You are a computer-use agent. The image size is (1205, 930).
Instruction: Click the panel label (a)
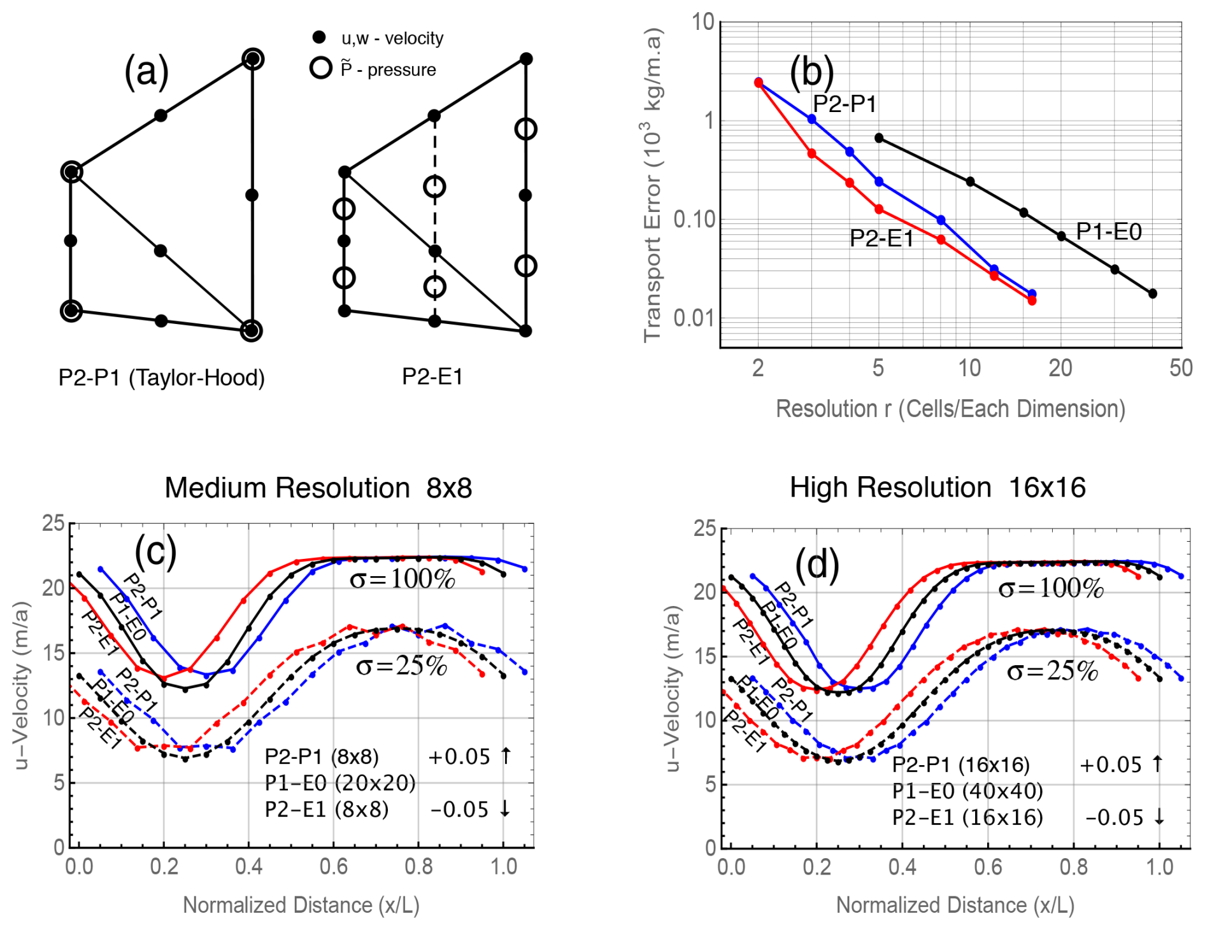[x=146, y=71]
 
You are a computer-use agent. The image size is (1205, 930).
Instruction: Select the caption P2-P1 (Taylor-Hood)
[x=161, y=377]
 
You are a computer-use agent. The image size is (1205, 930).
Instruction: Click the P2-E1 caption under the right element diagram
[x=432, y=376]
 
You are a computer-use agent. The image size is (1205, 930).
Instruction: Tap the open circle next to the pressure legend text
[x=321, y=68]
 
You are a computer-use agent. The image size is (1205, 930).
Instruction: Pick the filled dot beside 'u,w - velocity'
[x=320, y=38]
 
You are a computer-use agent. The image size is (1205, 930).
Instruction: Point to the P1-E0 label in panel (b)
[x=1108, y=231]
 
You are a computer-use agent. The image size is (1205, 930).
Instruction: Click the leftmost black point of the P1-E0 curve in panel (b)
[x=879, y=138]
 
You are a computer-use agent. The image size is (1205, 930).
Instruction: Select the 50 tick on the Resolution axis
[x=1181, y=368]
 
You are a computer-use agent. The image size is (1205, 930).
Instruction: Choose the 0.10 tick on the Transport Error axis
[x=694, y=220]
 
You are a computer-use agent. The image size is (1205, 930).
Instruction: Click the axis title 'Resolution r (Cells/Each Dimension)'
[x=950, y=409]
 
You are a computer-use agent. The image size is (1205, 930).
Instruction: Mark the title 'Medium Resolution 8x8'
[x=318, y=488]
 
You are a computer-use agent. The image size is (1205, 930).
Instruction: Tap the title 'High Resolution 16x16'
[x=937, y=488]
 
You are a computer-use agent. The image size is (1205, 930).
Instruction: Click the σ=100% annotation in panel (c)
[x=403, y=579]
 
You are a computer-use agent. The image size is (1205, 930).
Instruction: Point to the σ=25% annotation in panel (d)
[x=1052, y=672]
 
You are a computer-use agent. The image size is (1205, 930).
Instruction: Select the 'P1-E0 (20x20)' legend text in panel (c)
[x=340, y=783]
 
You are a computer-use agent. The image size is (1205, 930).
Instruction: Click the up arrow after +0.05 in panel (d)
[x=1157, y=763]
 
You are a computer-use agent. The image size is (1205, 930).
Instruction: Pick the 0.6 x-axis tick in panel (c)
[x=334, y=867]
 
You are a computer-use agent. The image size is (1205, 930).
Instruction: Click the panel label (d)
[x=817, y=565]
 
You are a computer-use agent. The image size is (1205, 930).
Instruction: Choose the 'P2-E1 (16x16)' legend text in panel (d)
[x=967, y=817]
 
